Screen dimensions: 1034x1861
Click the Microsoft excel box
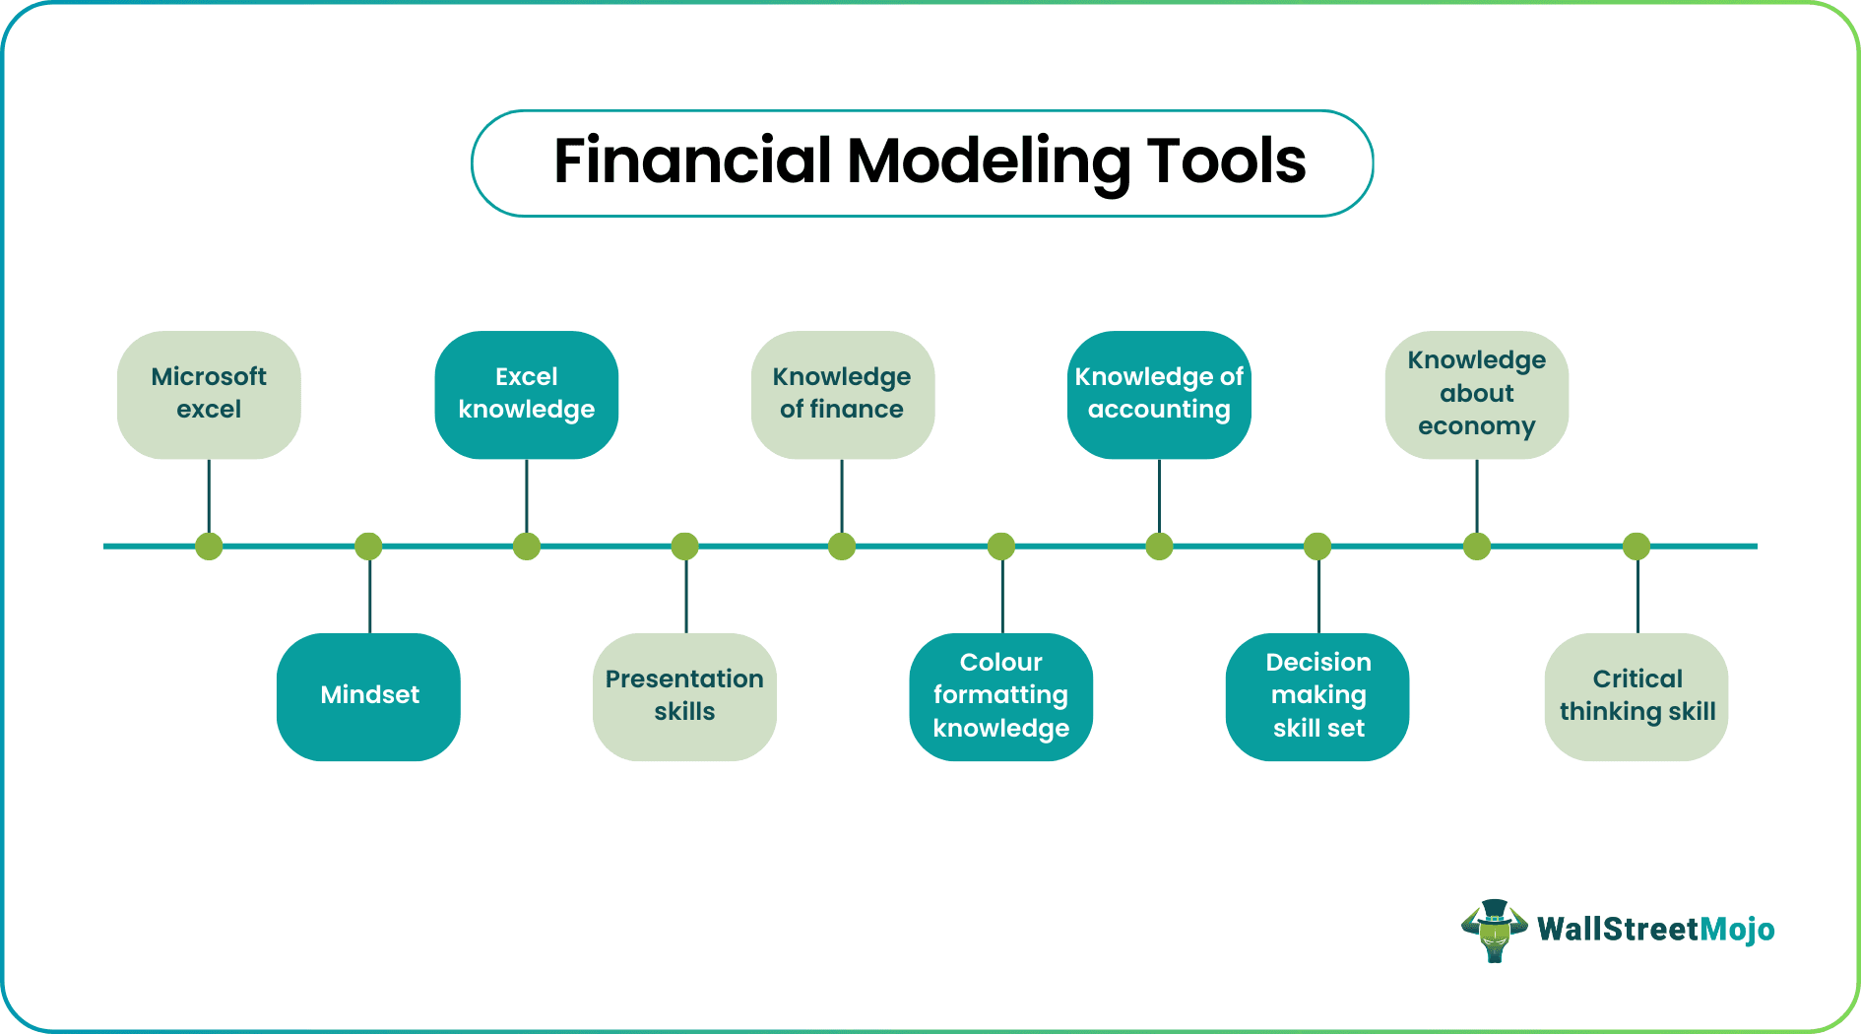[209, 394]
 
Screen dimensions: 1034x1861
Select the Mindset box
[369, 696]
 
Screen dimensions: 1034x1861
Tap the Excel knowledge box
[527, 394]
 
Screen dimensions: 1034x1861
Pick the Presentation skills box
[684, 696]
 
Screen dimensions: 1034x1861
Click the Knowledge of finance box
[842, 394]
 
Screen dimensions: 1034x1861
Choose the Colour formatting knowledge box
[1001, 696]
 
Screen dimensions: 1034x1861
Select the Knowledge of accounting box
[1159, 394]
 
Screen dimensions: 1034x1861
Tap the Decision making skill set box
[1318, 696]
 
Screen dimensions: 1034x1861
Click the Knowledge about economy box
[1476, 394]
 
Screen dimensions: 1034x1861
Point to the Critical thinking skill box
[1636, 696]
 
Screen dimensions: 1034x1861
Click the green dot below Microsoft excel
[209, 547]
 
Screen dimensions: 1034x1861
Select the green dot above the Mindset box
[368, 547]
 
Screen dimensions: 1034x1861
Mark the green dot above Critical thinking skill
[1636, 547]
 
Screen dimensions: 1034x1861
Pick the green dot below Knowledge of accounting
[1159, 547]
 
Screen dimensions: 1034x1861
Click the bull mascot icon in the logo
[1494, 930]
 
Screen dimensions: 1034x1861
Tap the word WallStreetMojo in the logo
[1655, 930]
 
